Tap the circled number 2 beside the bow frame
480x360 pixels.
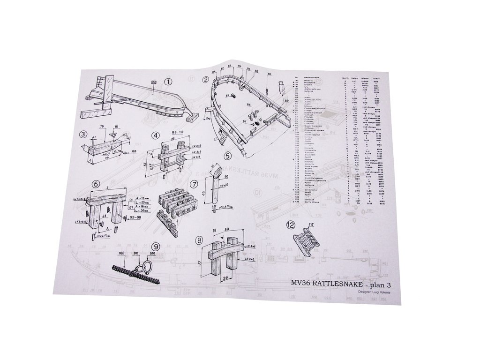tap(205, 79)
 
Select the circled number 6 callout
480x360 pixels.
tap(96, 184)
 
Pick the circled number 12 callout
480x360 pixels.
tap(291, 225)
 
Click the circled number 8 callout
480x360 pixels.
tap(200, 240)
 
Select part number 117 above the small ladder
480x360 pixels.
tap(311, 225)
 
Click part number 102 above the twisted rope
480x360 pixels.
tap(121, 253)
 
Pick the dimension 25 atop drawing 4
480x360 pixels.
tap(172, 139)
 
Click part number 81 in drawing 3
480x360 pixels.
tap(117, 126)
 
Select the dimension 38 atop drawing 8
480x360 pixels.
tap(227, 230)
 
